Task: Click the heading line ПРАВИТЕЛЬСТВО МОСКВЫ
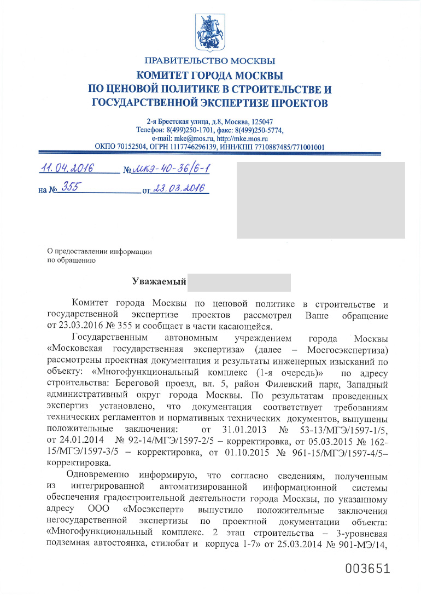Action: click(x=210, y=60)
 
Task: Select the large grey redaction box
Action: click(x=320, y=200)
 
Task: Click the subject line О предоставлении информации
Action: click(x=100, y=251)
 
